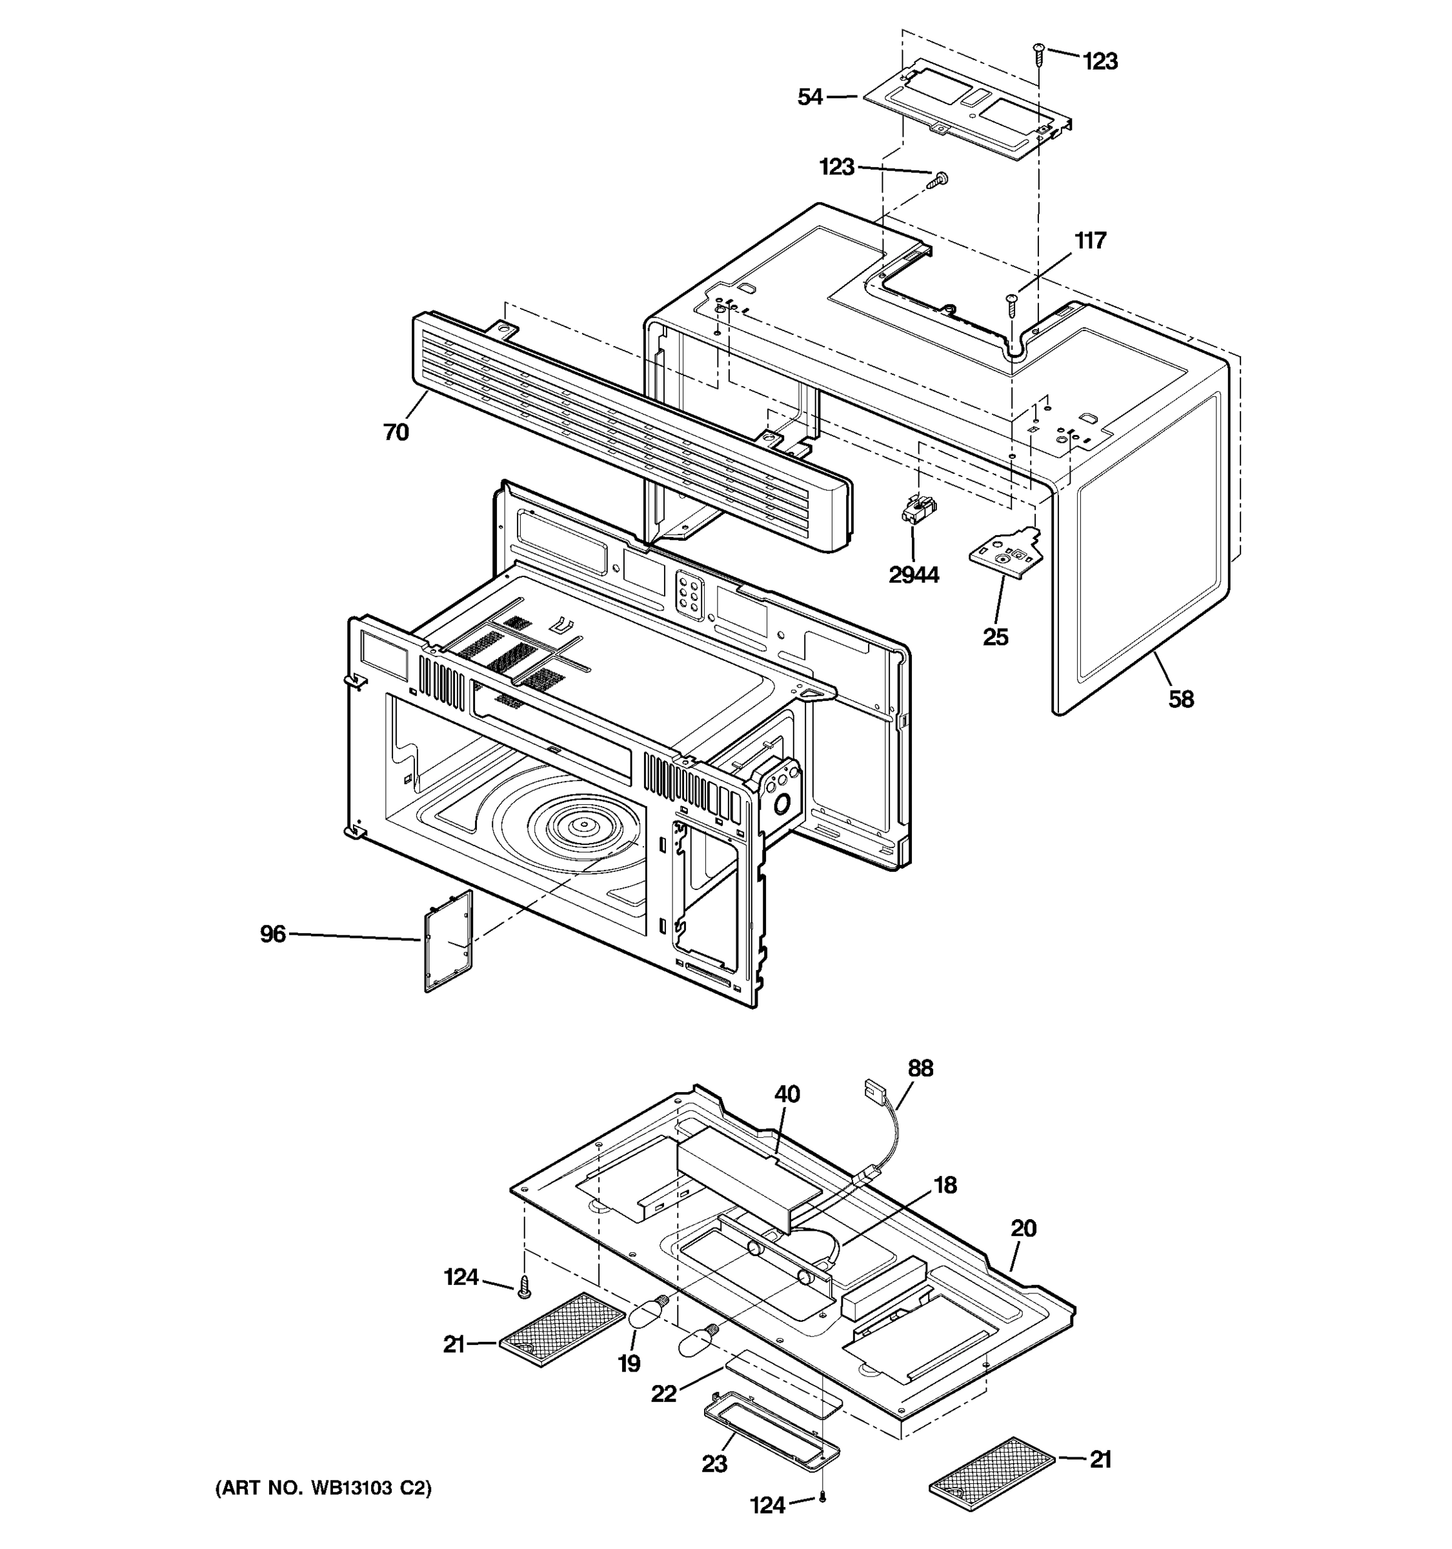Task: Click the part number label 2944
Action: pos(913,575)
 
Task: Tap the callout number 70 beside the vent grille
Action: pos(396,432)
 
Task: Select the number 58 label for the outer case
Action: pos(1180,699)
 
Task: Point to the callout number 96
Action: pos(272,933)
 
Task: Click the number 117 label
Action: pos(1090,241)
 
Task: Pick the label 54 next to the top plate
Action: pos(810,97)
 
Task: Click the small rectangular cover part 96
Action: pos(449,941)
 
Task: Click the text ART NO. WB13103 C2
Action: pos(323,1488)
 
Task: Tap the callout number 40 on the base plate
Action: pos(787,1094)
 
